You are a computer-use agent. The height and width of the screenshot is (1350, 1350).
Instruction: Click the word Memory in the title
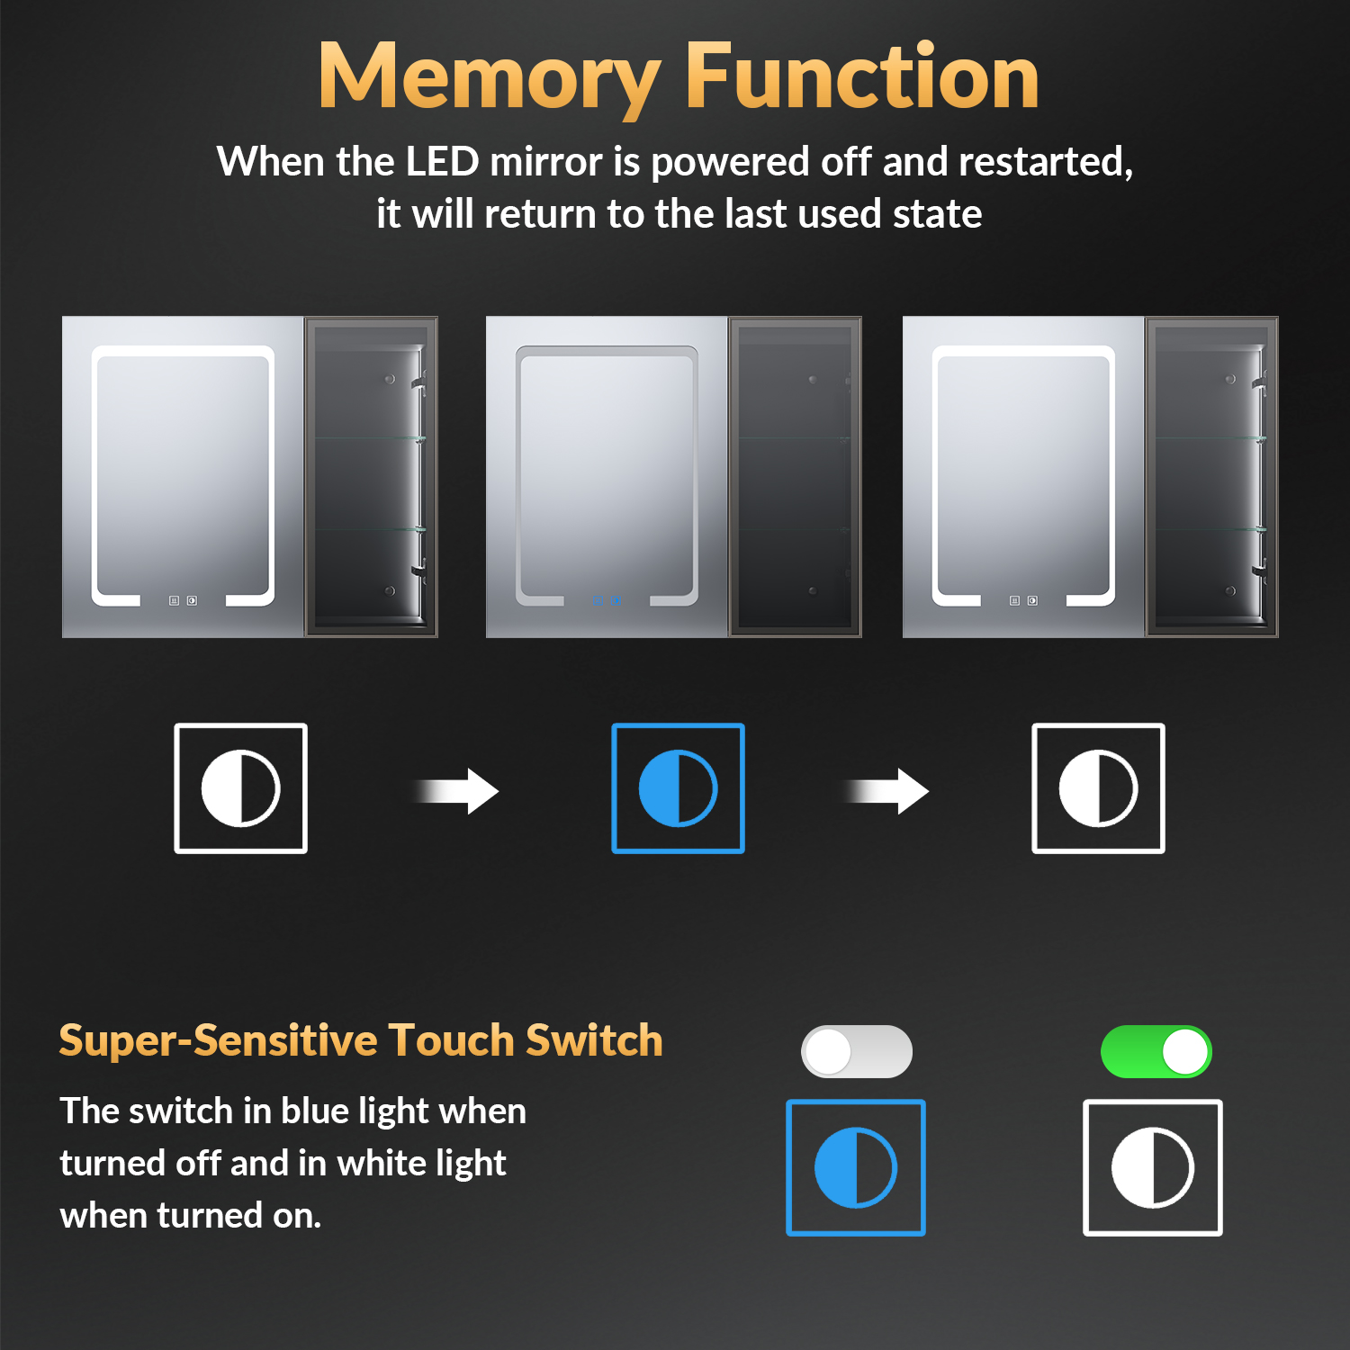pyautogui.click(x=490, y=79)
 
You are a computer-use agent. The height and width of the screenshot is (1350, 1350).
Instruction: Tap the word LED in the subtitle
pyautogui.click(x=442, y=162)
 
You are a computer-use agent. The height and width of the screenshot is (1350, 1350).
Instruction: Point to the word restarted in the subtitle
pyautogui.click(x=1045, y=163)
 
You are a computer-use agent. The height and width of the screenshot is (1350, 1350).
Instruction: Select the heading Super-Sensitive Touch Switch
pyautogui.click(x=361, y=1040)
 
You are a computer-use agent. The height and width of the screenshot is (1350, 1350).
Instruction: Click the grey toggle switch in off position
pyautogui.click(x=856, y=1051)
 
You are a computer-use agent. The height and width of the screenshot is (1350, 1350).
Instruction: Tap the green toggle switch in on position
pyautogui.click(x=1156, y=1051)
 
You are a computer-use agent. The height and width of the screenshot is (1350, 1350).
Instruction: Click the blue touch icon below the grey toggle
pyautogui.click(x=856, y=1167)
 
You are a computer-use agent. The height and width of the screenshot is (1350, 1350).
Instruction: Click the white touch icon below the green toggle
pyautogui.click(x=1153, y=1167)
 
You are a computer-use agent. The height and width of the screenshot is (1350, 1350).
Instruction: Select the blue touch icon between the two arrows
pyautogui.click(x=678, y=787)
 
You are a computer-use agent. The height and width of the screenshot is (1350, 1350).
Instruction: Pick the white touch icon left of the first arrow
pyautogui.click(x=240, y=787)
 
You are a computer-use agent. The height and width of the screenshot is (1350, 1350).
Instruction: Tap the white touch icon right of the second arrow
pyautogui.click(x=1098, y=787)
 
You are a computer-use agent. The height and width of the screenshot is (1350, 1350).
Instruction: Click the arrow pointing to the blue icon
pyautogui.click(x=456, y=791)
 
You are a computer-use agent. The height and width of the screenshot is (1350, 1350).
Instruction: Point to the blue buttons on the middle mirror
pyautogui.click(x=606, y=600)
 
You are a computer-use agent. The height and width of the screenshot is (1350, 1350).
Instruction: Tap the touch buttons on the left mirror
pyautogui.click(x=183, y=600)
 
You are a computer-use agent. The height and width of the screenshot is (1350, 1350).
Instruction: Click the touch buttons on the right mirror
pyautogui.click(x=1023, y=600)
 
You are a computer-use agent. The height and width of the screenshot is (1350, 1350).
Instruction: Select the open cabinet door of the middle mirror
pyautogui.click(x=795, y=477)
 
